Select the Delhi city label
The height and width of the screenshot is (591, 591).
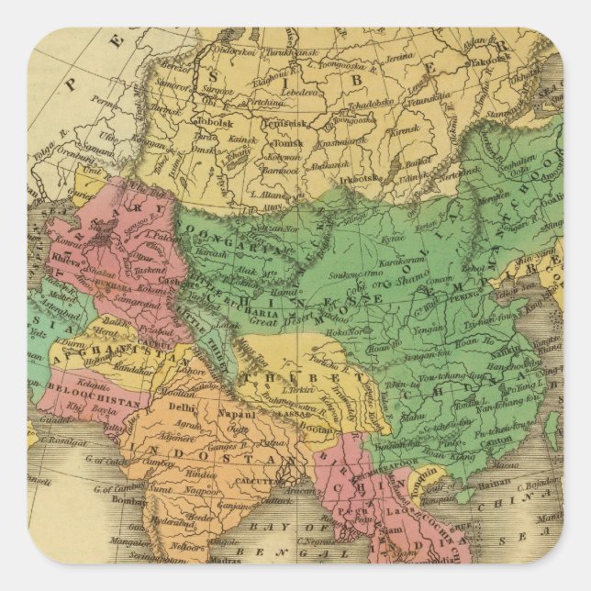tap(183, 406)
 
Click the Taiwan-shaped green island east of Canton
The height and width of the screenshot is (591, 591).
tap(552, 427)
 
